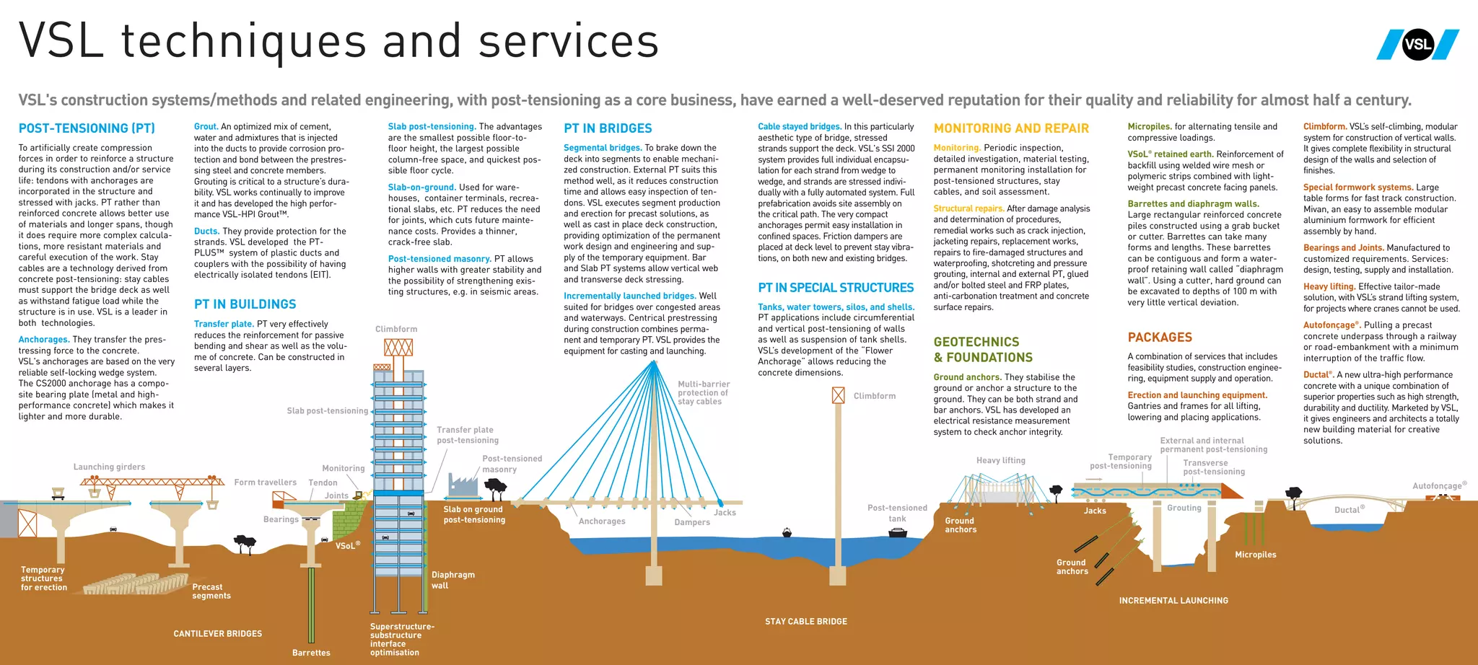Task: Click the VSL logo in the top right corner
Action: click(1417, 44)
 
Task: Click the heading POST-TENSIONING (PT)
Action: click(87, 128)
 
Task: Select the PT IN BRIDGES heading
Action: click(608, 128)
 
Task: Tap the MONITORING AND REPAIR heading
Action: click(1011, 128)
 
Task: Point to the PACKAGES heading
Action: click(1160, 338)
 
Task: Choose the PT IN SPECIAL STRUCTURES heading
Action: click(836, 288)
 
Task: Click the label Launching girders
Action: click(109, 467)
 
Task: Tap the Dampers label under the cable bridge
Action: click(692, 522)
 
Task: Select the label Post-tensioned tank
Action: click(897, 513)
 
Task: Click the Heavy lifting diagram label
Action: click(1000, 460)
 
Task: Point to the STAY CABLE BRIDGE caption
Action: click(806, 621)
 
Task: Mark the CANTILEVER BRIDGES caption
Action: click(218, 634)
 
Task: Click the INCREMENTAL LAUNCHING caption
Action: click(1173, 600)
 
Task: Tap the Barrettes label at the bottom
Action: click(311, 653)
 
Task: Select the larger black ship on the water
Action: click(897, 533)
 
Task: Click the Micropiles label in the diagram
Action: click(1255, 555)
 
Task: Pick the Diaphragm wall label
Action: click(452, 580)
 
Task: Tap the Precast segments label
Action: click(211, 591)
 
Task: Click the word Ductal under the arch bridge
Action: click(1347, 510)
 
